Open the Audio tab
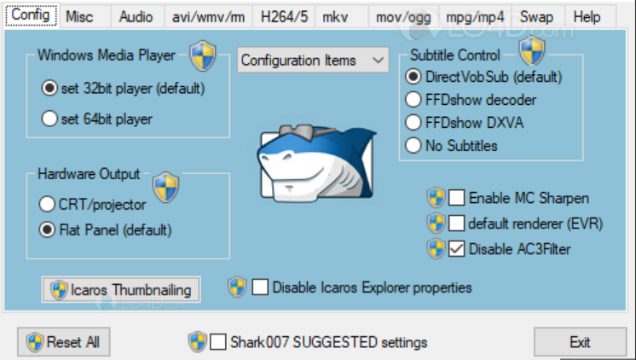click(136, 17)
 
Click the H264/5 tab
click(284, 17)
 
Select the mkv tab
click(335, 17)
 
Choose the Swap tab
click(536, 17)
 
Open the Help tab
click(587, 17)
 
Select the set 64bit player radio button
click(49, 119)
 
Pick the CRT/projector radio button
click(47, 204)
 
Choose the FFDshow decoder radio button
click(413, 100)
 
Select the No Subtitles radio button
click(413, 145)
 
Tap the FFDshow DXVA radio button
click(413, 123)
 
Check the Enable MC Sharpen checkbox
click(456, 198)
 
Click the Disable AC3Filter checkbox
click(456, 249)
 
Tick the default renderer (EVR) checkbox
click(456, 224)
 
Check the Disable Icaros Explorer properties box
click(260, 287)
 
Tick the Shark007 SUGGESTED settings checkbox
click(217, 342)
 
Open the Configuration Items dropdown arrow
click(378, 60)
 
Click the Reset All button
click(64, 342)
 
